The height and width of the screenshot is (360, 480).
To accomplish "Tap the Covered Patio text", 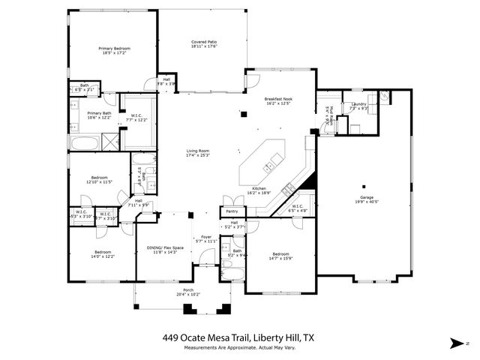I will click(204, 42).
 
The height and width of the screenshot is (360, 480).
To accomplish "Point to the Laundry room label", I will click(358, 104).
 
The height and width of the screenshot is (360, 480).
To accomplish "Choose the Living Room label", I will click(198, 151).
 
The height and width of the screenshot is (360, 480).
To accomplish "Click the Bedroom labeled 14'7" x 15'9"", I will click(281, 256).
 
